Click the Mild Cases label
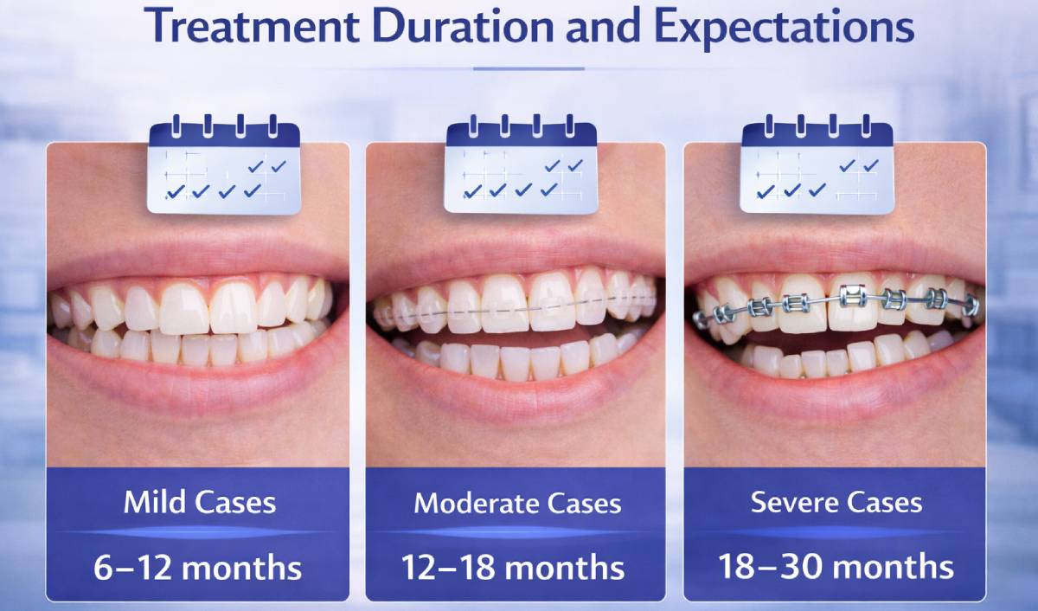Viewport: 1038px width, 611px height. coord(200,503)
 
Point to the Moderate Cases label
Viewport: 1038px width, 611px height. coord(517,503)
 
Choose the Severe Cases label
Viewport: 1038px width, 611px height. coord(836,503)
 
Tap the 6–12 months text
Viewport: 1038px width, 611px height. coord(198,568)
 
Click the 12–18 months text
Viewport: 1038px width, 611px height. coord(512,568)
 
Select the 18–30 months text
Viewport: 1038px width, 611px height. coord(836,568)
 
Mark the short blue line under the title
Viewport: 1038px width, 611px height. coord(529,68)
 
